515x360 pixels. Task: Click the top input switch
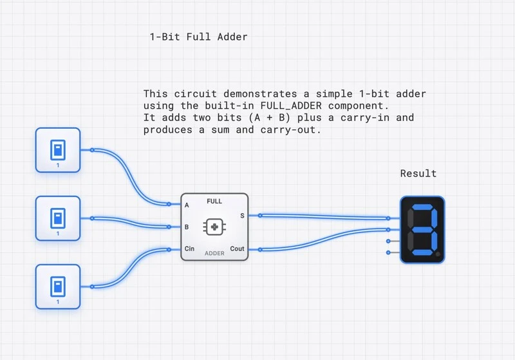pos(58,149)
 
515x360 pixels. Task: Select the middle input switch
pos(58,218)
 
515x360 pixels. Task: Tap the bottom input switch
pos(58,286)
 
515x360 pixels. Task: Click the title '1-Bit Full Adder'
pos(198,37)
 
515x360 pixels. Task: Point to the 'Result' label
pos(418,173)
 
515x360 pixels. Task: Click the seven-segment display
pos(422,229)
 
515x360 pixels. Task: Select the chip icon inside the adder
pos(214,227)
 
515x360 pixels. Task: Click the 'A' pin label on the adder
pos(187,205)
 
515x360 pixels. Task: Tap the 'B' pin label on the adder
pos(187,227)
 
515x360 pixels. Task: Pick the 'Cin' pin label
pos(189,249)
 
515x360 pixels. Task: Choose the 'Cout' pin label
pos(237,249)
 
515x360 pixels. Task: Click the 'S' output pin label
pos(242,216)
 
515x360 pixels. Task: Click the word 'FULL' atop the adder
pos(214,202)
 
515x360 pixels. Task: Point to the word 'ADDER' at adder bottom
pos(214,253)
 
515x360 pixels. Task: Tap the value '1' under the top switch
pos(58,166)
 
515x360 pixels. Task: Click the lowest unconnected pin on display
pos(388,252)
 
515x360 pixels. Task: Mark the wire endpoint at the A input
pos(169,204)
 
